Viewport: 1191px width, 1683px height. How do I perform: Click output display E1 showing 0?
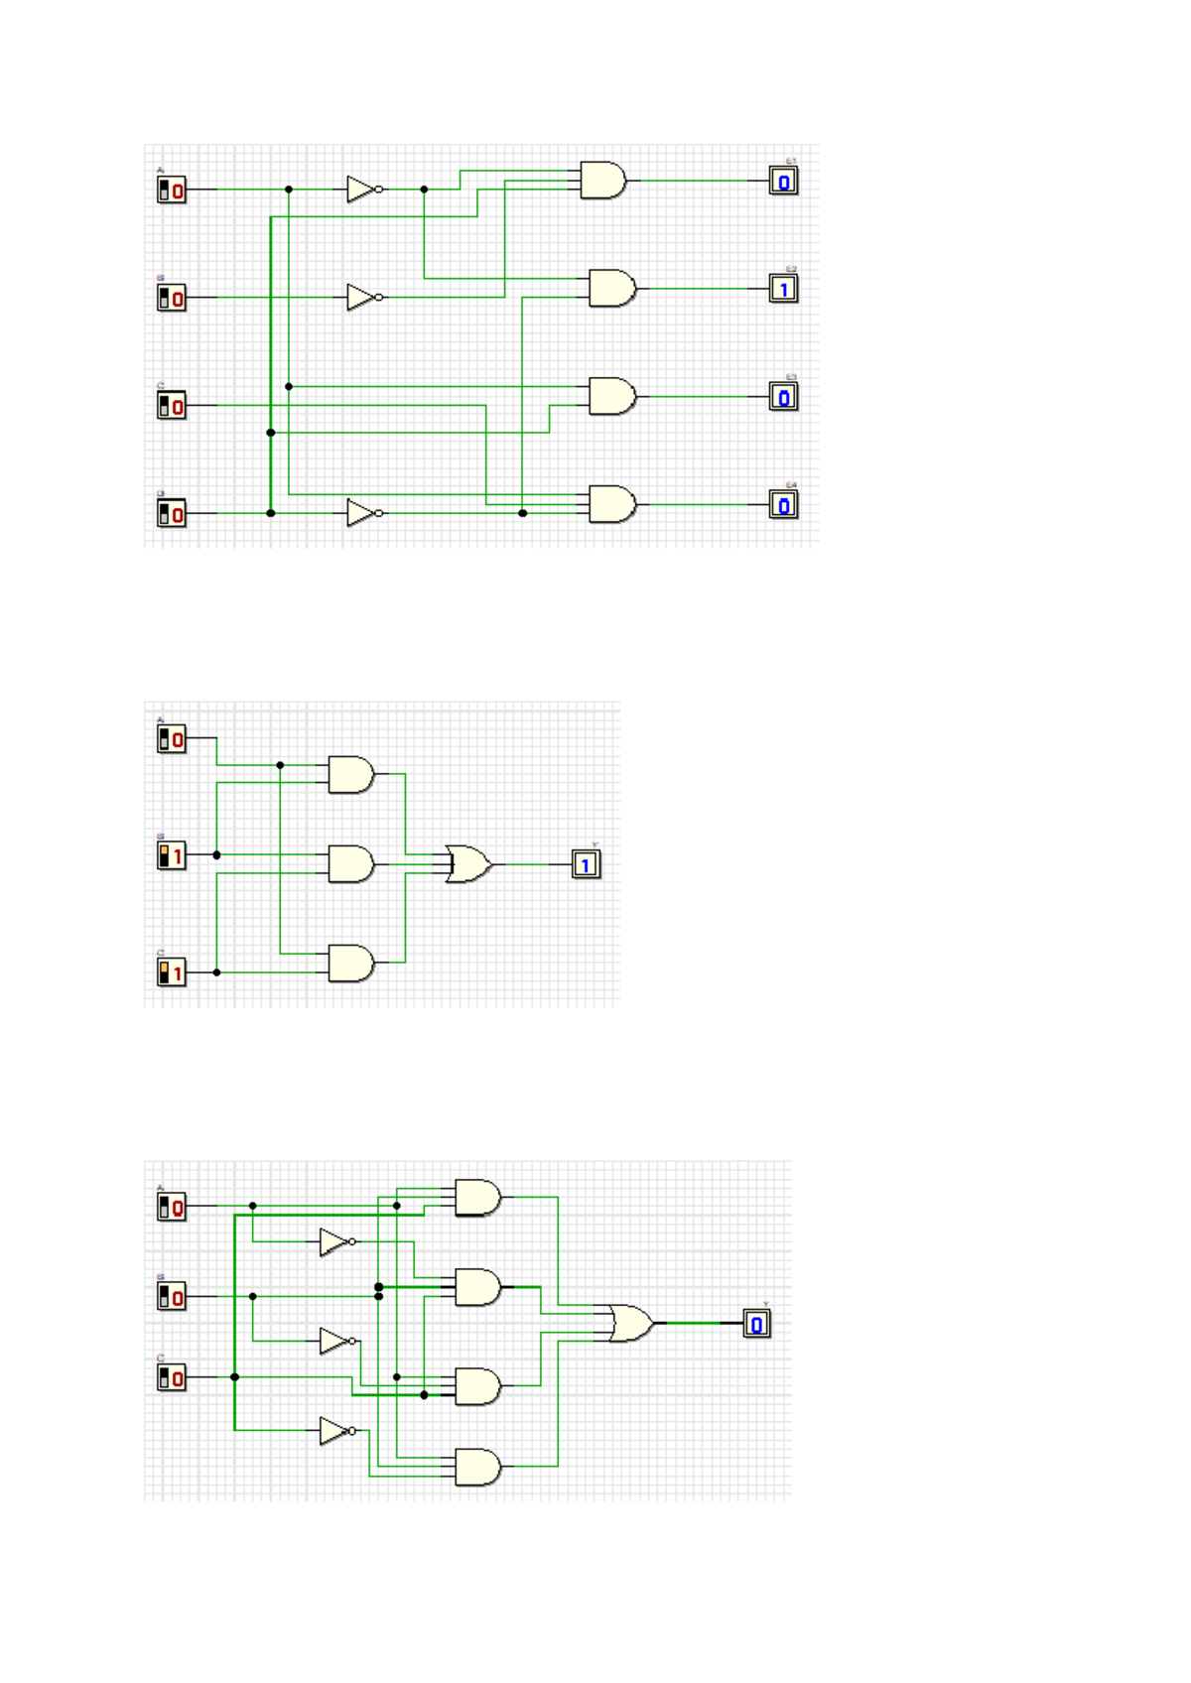click(x=783, y=181)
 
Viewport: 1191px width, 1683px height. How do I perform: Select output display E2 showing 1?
click(x=783, y=289)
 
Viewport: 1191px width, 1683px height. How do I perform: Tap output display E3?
click(x=783, y=397)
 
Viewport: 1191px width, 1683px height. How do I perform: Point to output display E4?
click(x=783, y=505)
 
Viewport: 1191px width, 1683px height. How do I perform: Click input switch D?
click(x=171, y=513)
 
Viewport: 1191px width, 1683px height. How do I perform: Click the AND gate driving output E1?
click(x=602, y=181)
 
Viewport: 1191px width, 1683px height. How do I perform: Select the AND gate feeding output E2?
click(x=611, y=288)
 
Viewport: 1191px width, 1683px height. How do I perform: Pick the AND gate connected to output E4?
click(x=611, y=504)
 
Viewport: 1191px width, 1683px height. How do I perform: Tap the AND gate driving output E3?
click(x=611, y=396)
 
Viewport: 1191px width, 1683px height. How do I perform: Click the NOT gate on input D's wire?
click(x=362, y=513)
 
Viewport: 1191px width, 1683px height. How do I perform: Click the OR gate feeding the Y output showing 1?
click(x=467, y=864)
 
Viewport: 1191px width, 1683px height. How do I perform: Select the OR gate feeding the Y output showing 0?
click(x=630, y=1323)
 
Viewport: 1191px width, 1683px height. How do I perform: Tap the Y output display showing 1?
click(x=586, y=864)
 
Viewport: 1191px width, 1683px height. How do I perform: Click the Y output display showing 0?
click(x=756, y=1323)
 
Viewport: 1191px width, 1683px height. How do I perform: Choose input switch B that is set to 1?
click(x=171, y=855)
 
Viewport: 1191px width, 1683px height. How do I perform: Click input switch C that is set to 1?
click(x=171, y=972)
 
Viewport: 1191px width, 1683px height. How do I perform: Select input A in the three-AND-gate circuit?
click(x=171, y=738)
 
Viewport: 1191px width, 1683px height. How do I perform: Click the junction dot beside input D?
click(x=271, y=513)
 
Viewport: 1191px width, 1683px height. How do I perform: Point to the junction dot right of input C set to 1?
click(x=216, y=972)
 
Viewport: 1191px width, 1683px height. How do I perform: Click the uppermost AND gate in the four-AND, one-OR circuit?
click(x=476, y=1197)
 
